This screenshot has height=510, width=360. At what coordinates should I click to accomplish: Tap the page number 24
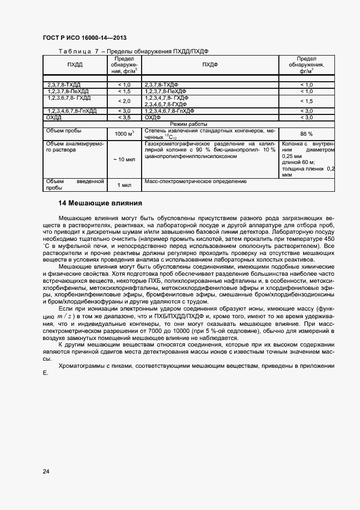tap(46, 471)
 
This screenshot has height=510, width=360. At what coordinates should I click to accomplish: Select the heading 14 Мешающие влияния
tap(100, 203)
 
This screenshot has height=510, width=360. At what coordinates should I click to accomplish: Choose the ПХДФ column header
tap(210, 65)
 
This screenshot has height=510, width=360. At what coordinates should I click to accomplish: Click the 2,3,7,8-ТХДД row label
tap(64, 85)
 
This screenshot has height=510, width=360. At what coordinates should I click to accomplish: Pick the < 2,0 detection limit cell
tap(124, 101)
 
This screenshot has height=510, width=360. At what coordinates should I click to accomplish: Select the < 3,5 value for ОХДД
tap(124, 117)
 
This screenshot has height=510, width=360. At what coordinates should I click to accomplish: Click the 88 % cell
tap(306, 133)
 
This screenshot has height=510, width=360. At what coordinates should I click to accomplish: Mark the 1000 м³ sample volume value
tap(124, 133)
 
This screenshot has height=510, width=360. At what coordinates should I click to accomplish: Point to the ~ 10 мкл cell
tap(124, 159)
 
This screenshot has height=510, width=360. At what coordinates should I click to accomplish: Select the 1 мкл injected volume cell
tap(124, 185)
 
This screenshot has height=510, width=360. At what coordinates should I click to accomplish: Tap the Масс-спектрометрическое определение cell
tap(195, 181)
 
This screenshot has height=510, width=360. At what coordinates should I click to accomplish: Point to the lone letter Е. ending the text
tap(46, 373)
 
